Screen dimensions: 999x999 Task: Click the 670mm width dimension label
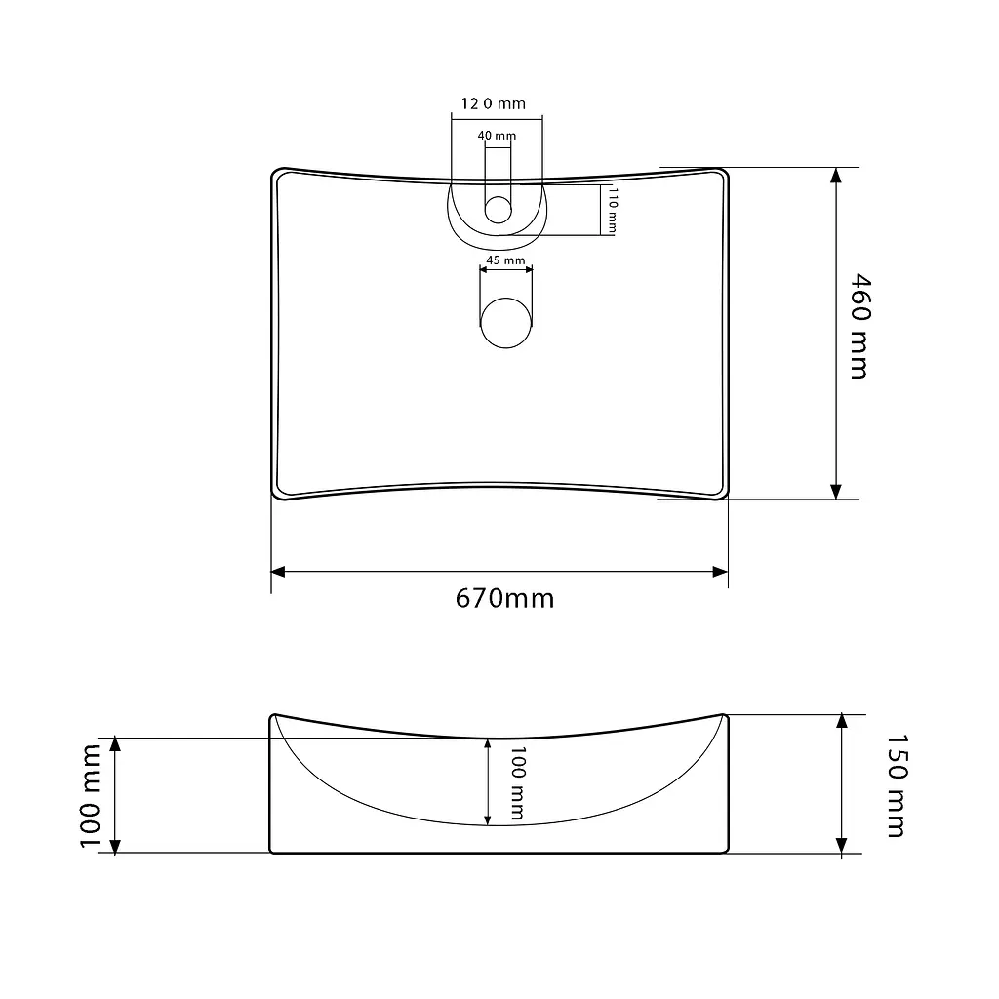504,599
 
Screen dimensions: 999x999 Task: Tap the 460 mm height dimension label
860,327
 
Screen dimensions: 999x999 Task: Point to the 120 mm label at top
493,103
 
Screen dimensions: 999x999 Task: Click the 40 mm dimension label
497,136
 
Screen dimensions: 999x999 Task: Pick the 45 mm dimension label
506,260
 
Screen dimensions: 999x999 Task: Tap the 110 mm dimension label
613,210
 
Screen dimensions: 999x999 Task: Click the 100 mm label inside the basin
517,783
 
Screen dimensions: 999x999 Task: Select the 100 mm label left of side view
91,796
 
